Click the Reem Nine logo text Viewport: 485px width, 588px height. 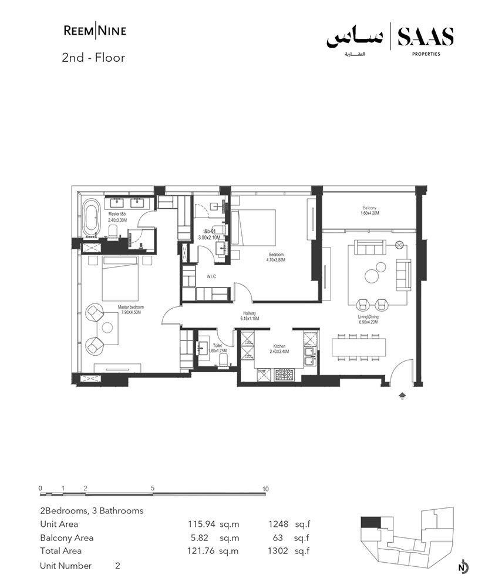click(x=94, y=31)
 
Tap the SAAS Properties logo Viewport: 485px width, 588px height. click(x=390, y=39)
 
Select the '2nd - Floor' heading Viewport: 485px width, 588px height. click(x=93, y=58)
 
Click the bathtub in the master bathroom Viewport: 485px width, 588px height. click(x=91, y=217)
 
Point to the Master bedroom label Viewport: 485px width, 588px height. click(x=131, y=310)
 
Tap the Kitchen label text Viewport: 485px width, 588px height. click(x=279, y=349)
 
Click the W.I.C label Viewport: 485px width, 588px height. click(x=212, y=275)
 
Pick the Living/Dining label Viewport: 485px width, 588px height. click(x=368, y=318)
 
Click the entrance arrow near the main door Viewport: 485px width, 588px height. click(x=402, y=396)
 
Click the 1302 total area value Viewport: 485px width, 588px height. click(x=279, y=551)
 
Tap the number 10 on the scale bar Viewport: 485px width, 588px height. click(x=265, y=489)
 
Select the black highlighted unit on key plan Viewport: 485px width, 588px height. click(x=370, y=523)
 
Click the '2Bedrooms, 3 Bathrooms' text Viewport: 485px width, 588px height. click(x=92, y=510)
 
